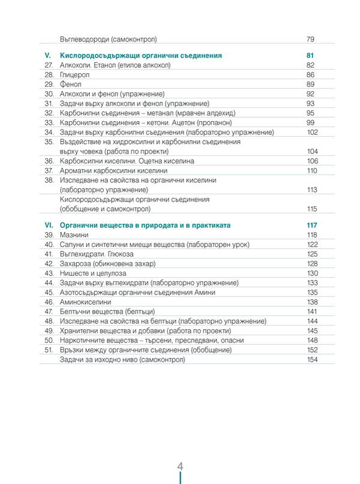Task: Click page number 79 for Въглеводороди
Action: click(310, 39)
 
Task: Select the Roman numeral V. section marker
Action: click(49, 55)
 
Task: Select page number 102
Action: click(311, 132)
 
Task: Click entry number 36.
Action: click(49, 161)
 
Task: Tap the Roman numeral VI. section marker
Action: click(50, 225)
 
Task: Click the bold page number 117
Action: click(311, 225)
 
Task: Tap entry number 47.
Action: click(49, 311)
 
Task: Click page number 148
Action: click(311, 340)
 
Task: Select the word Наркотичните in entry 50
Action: click(83, 340)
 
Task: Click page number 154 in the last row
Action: click(311, 359)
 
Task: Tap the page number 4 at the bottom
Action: click(180, 467)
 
